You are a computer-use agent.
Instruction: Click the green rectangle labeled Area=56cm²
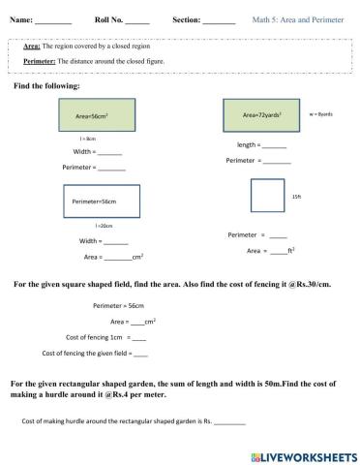tap(96, 114)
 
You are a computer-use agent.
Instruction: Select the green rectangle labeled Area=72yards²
tap(261, 114)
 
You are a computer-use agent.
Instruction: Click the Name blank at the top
tap(53, 20)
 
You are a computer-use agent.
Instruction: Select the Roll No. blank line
tap(137, 20)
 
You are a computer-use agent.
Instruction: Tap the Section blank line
tap(220, 20)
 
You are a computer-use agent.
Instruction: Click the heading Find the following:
tap(46, 86)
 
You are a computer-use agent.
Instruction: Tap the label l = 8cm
tap(87, 139)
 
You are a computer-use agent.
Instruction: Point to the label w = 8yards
tap(320, 113)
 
